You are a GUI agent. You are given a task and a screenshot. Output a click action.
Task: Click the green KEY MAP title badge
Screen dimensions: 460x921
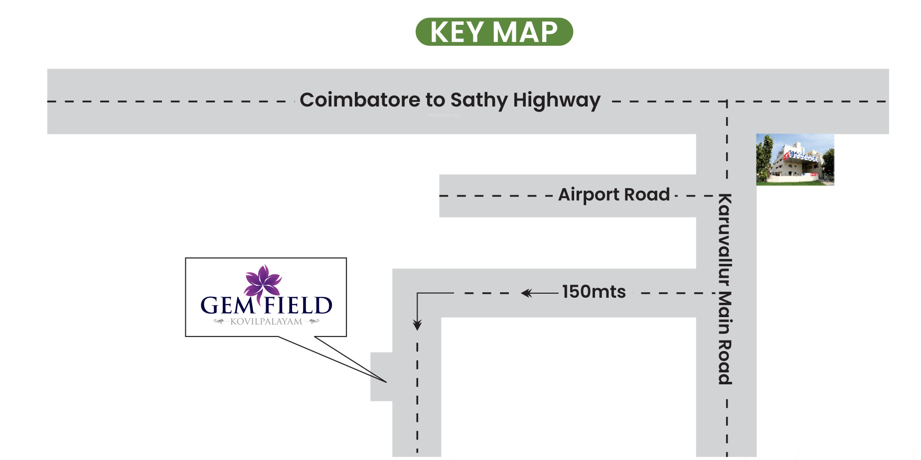pos(494,32)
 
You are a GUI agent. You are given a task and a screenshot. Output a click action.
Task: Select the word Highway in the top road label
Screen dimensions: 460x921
pos(557,101)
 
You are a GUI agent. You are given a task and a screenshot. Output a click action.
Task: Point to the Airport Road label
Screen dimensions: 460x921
pos(614,195)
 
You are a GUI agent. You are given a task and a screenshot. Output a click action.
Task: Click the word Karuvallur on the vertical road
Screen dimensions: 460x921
pos(725,239)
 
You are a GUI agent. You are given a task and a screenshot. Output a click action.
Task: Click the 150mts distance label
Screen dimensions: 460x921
pos(594,292)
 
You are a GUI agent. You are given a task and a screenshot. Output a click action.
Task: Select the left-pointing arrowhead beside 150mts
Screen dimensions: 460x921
pos(526,293)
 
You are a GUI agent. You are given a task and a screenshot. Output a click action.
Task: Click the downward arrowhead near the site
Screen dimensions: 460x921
pos(417,325)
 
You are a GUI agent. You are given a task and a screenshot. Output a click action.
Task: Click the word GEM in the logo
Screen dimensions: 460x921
pos(227,305)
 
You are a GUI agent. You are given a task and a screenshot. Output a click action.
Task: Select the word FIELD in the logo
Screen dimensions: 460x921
pos(298,305)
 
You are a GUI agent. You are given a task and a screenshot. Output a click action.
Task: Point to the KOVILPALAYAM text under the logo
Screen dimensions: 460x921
pos(266,322)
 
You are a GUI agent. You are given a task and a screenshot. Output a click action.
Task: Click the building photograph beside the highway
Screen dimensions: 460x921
pos(795,159)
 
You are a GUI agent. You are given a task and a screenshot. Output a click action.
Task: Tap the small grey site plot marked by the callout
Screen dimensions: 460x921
pos(381,376)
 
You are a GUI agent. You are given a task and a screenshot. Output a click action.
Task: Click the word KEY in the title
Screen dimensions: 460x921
pos(457,32)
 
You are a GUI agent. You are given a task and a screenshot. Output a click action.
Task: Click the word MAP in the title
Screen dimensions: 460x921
pos(525,32)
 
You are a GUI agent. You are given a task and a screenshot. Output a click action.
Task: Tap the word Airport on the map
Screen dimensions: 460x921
pos(589,195)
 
